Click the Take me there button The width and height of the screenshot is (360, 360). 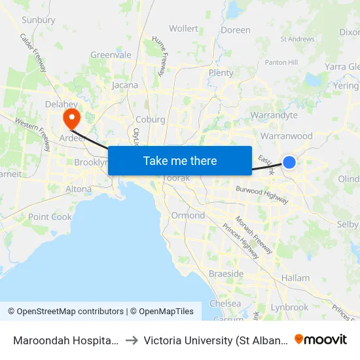[x=180, y=160]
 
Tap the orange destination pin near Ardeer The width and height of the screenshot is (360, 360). [x=70, y=118]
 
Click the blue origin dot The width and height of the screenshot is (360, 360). [x=289, y=162]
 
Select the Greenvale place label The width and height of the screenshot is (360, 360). [x=111, y=55]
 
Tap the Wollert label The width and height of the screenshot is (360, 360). [x=183, y=29]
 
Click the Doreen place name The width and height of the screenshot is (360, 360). [x=236, y=30]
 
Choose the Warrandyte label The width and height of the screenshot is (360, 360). [x=274, y=115]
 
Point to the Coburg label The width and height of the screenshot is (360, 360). [x=151, y=119]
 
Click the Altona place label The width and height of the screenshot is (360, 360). [x=79, y=189]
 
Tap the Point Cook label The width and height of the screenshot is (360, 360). [x=50, y=217]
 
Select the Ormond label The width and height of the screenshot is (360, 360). [x=188, y=215]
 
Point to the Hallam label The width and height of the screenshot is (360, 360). [x=295, y=278]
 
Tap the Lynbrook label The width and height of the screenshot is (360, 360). [x=289, y=307]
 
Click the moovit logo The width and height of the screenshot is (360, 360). [x=321, y=339]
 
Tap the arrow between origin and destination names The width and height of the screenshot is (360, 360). [x=132, y=340]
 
